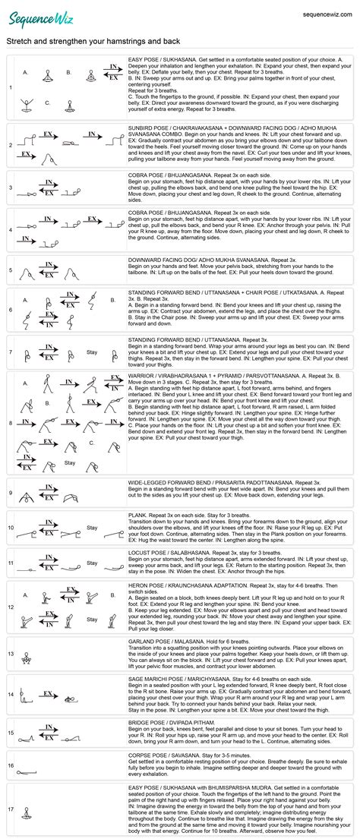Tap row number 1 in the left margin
pyautogui.click(x=10, y=87)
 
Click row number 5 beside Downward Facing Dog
pyautogui.click(x=10, y=270)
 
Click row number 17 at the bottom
pyautogui.click(x=10, y=809)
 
